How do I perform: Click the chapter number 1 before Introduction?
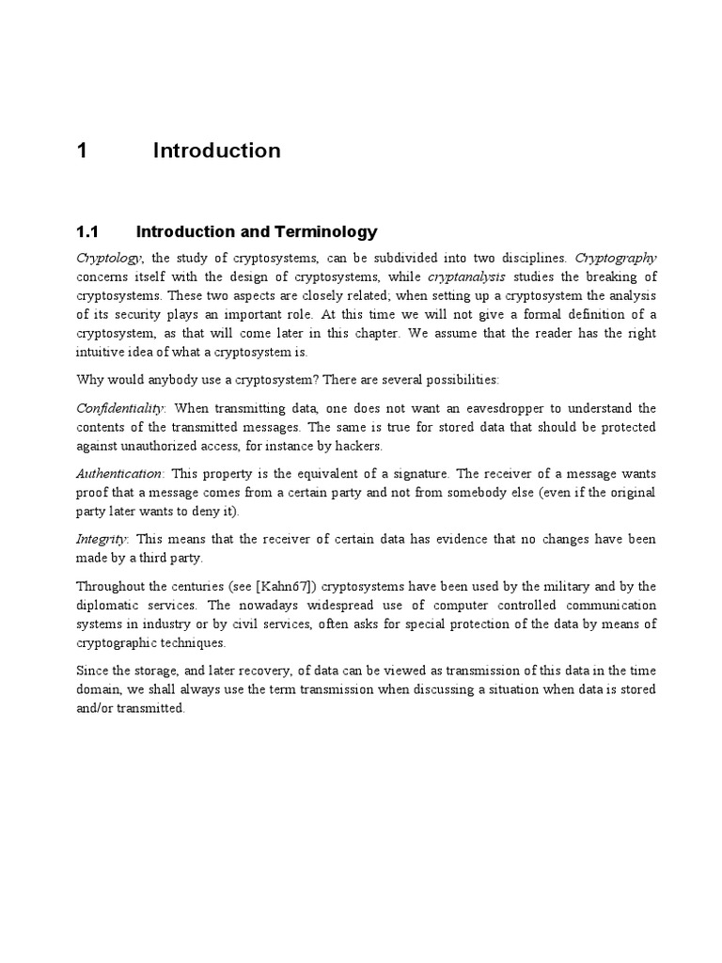tap(82, 151)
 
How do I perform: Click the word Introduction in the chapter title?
tap(216, 151)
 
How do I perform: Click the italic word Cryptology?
tap(108, 258)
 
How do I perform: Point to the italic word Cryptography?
tap(616, 258)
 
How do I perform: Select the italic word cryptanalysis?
tap(466, 276)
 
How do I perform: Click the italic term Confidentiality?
tap(121, 408)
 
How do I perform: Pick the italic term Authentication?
tap(119, 474)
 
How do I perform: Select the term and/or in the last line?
tap(95, 709)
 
